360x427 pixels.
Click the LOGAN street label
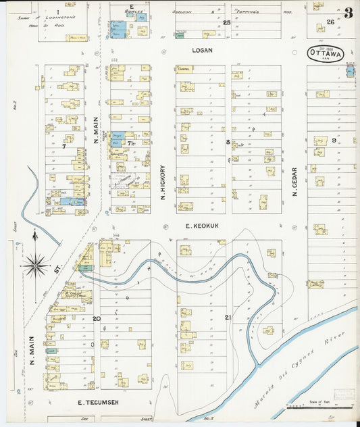[201, 49]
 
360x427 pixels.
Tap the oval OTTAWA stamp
[326, 53]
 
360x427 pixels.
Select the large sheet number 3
[347, 13]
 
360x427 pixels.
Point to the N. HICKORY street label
[163, 182]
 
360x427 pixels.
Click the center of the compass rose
[36, 265]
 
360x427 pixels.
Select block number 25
[227, 22]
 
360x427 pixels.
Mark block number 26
[330, 22]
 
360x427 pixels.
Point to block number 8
[228, 143]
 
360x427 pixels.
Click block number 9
[334, 140]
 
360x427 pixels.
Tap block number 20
[97, 318]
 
